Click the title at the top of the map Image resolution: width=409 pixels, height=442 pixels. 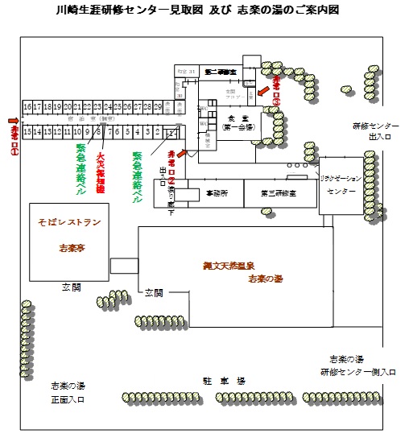pos(204,10)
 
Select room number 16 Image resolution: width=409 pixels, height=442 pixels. pos(27,106)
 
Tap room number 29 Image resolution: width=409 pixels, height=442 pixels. pos(158,106)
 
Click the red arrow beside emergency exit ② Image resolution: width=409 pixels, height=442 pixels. pos(188,151)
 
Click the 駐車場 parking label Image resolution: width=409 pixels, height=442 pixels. pos(220,378)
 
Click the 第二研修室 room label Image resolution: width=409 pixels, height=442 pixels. pos(218,72)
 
